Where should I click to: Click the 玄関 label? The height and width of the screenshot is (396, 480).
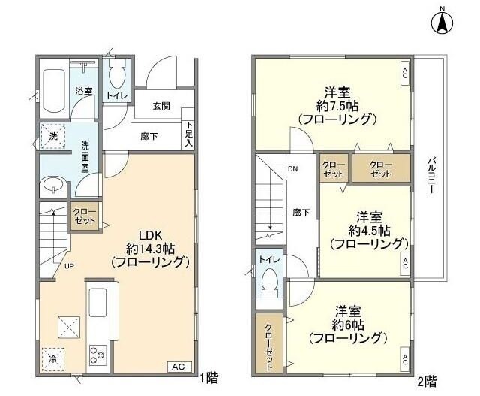tap(162, 107)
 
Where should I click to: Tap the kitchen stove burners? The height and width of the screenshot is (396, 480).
tap(99, 352)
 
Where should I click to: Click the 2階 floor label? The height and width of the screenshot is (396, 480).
tap(427, 381)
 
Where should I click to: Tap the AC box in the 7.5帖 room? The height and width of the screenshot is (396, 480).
tap(404, 73)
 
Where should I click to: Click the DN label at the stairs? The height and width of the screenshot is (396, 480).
tap(292, 168)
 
